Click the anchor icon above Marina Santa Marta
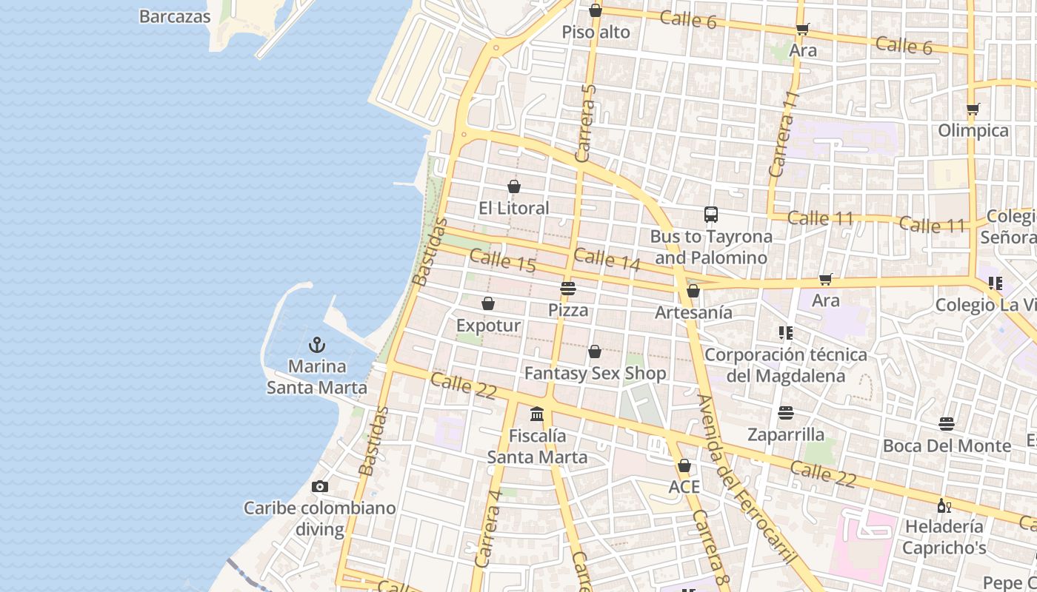[x=317, y=345]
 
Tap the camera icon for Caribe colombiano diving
[x=320, y=486]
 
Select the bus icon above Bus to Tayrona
[x=711, y=215]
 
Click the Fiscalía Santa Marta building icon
[x=537, y=414]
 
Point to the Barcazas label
[x=175, y=16]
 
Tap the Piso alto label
[x=596, y=32]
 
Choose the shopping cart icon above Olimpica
[x=973, y=110]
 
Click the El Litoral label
[x=514, y=208]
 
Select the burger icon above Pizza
[x=568, y=288]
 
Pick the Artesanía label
[x=693, y=312]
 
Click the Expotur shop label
[x=488, y=326]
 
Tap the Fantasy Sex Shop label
[x=595, y=373]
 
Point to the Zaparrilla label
[x=786, y=434]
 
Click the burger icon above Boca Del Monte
[x=947, y=424]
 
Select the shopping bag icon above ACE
[x=684, y=465]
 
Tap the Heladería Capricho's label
[x=944, y=537]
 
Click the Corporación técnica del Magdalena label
[x=785, y=365]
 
